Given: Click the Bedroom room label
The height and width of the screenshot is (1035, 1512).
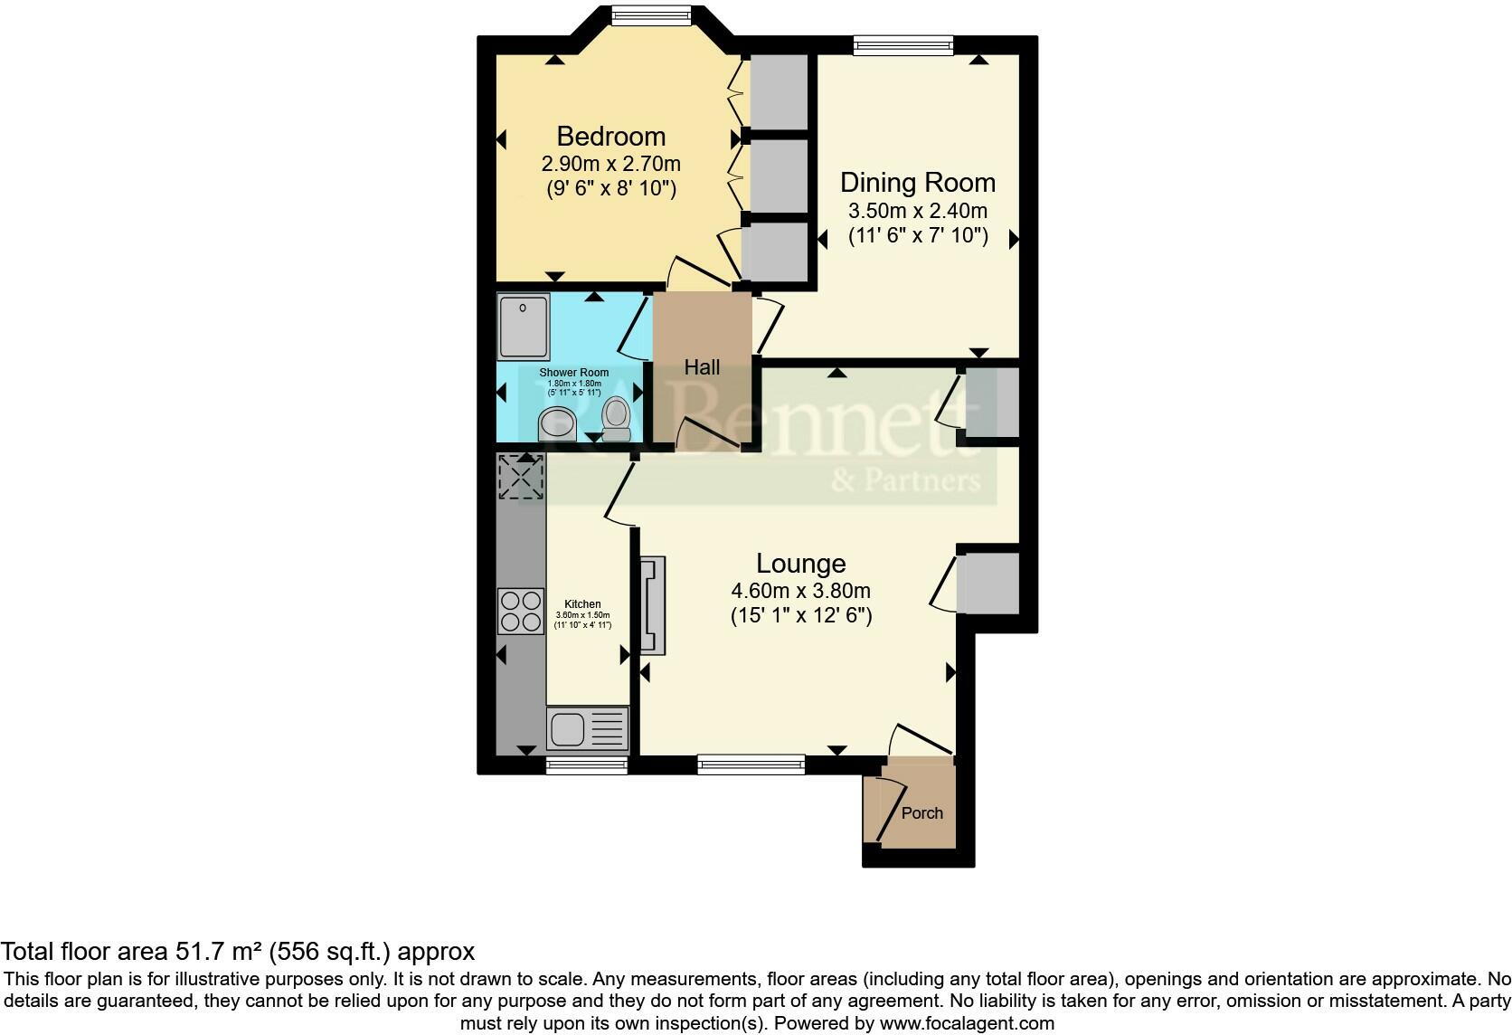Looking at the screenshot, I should coord(611,137).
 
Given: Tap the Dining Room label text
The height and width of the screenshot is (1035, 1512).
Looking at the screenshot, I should coord(917,183).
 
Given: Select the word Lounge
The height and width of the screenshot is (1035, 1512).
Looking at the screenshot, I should coord(800,564).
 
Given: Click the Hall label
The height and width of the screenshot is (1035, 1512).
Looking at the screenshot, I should coord(702,367).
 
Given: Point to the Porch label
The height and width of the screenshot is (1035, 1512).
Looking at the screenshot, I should coord(921,813).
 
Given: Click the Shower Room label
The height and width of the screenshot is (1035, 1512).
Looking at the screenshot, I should coord(573,373).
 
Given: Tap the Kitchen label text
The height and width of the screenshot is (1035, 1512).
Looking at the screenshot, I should coord(582,604).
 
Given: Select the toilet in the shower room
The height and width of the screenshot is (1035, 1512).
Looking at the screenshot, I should coord(617,419).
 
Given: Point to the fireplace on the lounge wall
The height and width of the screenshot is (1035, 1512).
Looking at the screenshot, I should coord(652,605).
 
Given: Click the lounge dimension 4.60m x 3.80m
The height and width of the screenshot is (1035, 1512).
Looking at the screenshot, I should coord(800,592).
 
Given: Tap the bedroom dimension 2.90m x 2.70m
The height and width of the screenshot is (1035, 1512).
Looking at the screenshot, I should coord(611,165).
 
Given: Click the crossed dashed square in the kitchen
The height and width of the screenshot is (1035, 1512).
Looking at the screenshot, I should coord(521,477).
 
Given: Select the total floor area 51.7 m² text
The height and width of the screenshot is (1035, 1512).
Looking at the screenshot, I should coord(237,951).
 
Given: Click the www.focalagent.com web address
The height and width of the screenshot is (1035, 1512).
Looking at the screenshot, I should coord(966,1024).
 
